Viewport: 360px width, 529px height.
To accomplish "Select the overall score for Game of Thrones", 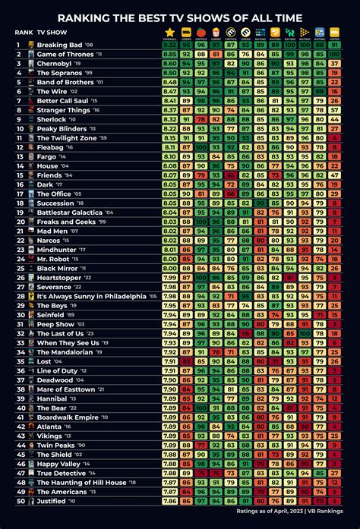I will [169, 54].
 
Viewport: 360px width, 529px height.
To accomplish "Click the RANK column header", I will [23, 33].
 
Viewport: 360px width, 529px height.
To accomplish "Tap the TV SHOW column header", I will [52, 33].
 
